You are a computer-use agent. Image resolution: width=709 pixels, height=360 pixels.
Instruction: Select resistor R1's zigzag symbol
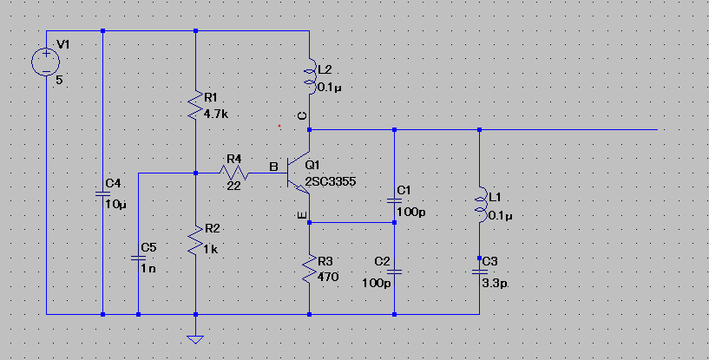[195, 105]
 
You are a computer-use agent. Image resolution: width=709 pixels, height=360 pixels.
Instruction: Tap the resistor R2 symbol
[195, 241]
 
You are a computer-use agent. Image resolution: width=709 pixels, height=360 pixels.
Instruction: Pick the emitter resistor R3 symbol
[309, 269]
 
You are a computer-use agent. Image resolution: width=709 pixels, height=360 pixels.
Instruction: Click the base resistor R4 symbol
[233, 173]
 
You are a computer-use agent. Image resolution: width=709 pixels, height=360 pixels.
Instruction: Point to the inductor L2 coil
[311, 76]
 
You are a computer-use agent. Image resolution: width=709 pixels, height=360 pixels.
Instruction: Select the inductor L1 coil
[481, 204]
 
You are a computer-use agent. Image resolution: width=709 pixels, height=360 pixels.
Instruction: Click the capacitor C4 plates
[102, 194]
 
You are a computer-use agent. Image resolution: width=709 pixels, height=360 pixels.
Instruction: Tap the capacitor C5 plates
[138, 259]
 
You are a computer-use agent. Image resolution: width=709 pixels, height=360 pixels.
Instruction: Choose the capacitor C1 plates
[394, 201]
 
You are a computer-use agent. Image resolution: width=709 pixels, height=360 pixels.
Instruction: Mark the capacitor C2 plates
[394, 272]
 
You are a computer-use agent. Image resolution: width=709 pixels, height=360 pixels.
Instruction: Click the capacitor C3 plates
[479, 272]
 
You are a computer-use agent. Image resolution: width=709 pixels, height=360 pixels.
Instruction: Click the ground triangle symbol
[195, 339]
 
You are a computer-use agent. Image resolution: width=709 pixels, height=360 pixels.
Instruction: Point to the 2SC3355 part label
[331, 182]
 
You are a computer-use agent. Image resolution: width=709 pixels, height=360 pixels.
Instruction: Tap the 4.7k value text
[216, 115]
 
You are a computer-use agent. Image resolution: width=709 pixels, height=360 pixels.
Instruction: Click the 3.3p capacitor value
[495, 285]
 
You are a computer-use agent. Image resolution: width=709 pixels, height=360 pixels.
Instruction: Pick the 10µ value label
[116, 205]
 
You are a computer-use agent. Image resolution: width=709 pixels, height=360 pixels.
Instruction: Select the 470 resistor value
[328, 277]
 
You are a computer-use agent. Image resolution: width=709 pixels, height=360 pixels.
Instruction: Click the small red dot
[279, 126]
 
